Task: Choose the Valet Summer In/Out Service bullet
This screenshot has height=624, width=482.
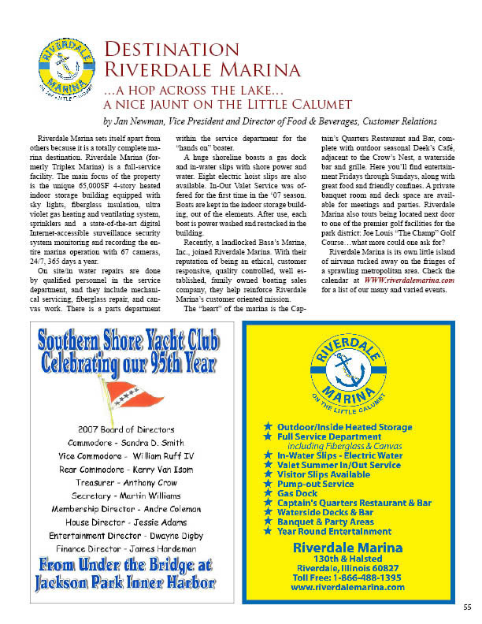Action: pyautogui.click(x=339, y=465)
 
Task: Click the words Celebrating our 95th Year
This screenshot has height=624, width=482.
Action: pyautogui.click(x=128, y=366)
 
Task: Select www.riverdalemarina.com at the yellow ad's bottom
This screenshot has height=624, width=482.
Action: pyautogui.click(x=347, y=587)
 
